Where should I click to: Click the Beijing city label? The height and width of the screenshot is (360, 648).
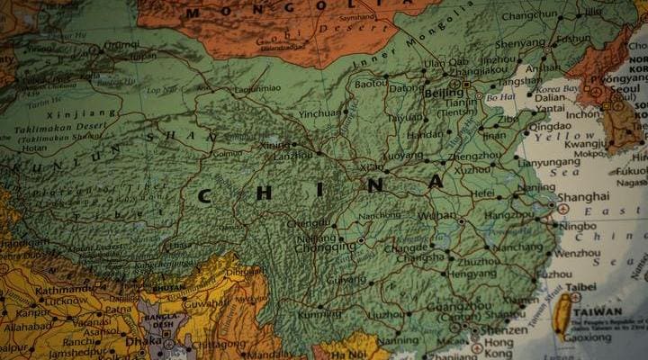(x=444, y=93)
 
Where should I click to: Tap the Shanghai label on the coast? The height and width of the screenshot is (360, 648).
(x=583, y=197)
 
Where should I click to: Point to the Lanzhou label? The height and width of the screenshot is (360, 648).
(x=293, y=155)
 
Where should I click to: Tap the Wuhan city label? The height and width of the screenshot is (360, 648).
(x=437, y=216)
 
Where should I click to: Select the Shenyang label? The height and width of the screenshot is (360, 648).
(x=520, y=42)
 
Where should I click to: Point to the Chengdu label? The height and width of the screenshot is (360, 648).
(x=309, y=223)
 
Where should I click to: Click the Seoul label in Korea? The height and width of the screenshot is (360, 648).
(x=630, y=90)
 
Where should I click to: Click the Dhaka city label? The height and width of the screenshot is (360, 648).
(x=144, y=342)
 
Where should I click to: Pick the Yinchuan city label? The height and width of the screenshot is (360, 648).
(x=320, y=114)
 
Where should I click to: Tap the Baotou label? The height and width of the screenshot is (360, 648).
(x=371, y=83)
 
